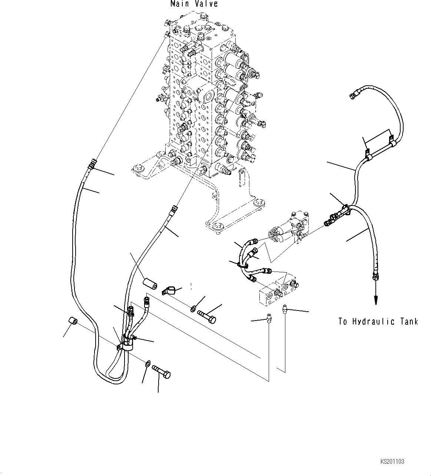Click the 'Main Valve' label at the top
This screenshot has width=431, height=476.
[194, 4]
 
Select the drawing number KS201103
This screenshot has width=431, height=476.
[392, 462]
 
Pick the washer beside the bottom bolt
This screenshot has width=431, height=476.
[147, 364]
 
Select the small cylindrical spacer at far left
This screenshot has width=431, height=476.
[73, 321]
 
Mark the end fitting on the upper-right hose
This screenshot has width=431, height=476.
[353, 96]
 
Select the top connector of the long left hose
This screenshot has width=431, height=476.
[92, 164]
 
